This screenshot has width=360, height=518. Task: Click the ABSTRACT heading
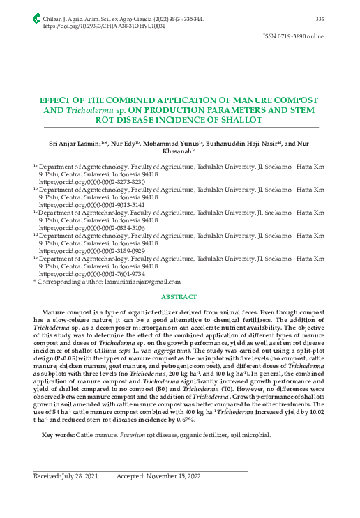coord(179,298)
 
